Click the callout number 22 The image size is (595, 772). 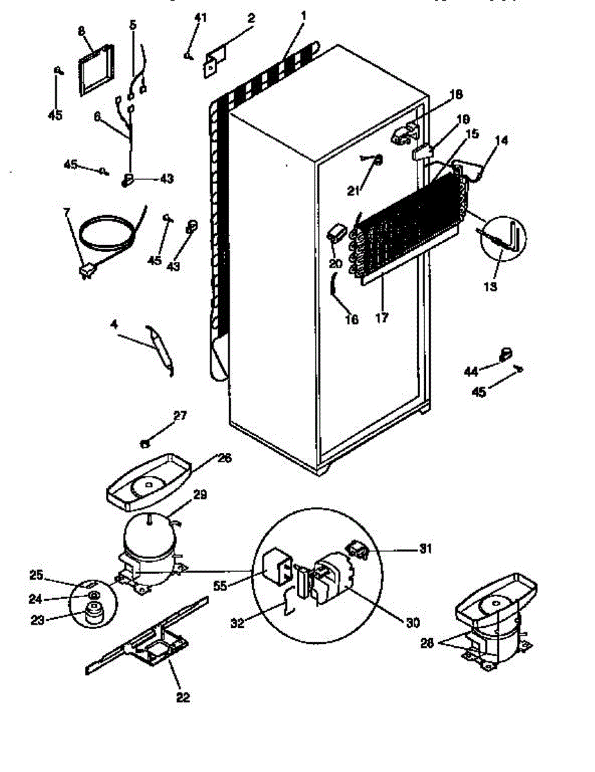183,697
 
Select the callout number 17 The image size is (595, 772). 381,317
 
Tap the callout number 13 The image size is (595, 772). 491,287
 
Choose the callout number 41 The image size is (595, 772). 201,18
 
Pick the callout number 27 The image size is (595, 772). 180,416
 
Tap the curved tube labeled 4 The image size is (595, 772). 161,347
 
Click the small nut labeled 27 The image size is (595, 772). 145,442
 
